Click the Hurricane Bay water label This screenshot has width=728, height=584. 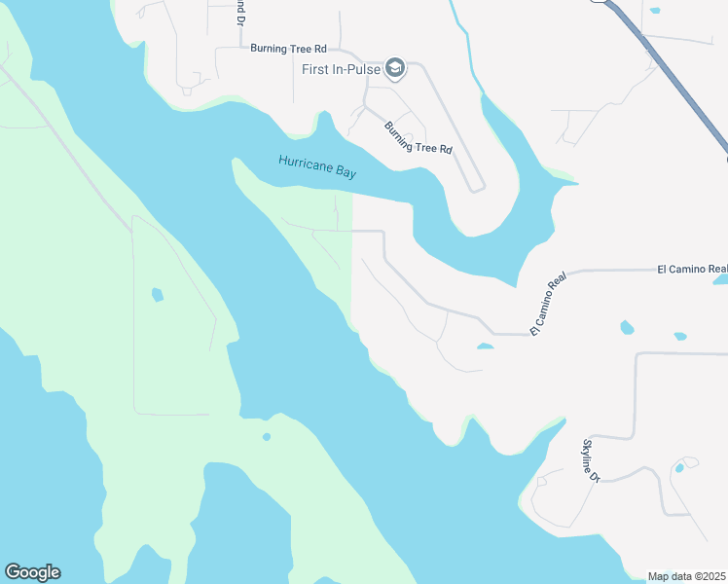click(317, 166)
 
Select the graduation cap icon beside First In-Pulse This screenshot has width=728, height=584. click(394, 67)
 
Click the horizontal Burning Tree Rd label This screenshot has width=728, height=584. click(287, 47)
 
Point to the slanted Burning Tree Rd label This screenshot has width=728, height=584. click(419, 137)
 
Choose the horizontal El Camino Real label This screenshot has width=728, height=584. click(692, 269)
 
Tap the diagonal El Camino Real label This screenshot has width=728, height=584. click(548, 306)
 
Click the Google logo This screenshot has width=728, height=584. click(32, 572)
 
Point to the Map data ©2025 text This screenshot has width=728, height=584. click(686, 576)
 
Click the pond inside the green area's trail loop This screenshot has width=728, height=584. click(157, 294)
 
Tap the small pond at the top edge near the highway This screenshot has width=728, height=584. click(654, 11)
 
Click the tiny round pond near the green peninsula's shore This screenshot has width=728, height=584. click(266, 437)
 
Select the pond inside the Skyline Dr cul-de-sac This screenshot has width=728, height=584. click(679, 468)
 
